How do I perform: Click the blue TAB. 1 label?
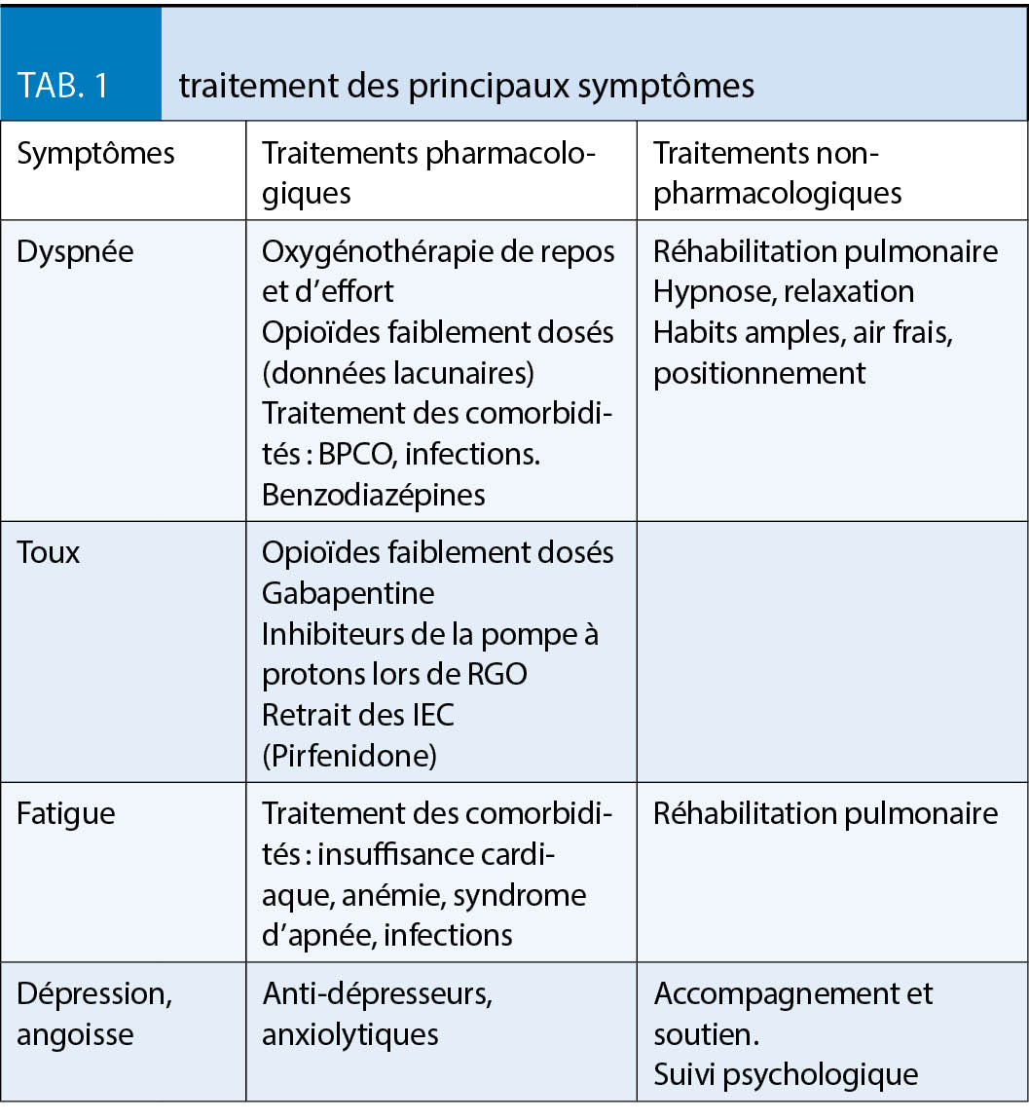point(63,86)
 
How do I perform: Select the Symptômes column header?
point(95,154)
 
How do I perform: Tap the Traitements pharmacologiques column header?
point(427,172)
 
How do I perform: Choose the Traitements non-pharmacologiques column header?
point(777,172)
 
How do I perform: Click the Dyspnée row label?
point(75,251)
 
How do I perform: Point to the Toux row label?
point(49,552)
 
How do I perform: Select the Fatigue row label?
point(65,813)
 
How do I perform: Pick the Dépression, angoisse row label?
point(93,1014)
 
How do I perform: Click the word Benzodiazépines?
point(373,494)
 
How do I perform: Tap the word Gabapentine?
point(348,593)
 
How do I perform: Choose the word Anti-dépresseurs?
point(376,993)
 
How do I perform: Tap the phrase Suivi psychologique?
point(785,1073)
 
